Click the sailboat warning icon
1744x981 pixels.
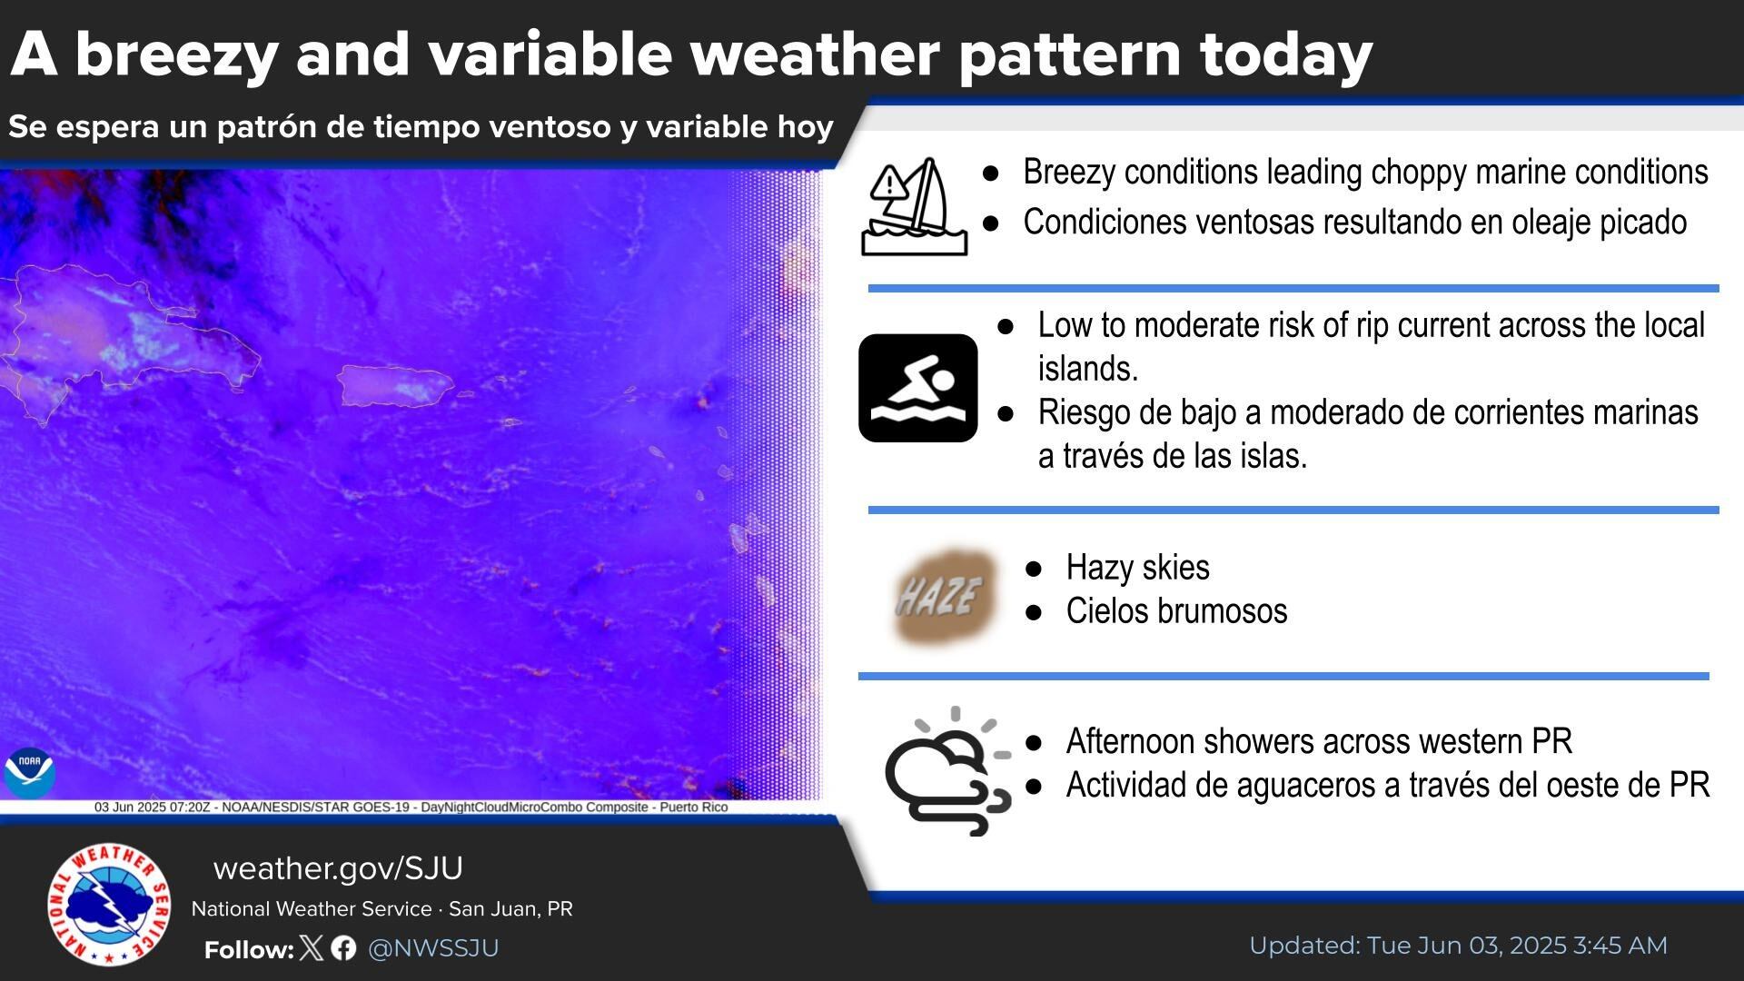point(914,206)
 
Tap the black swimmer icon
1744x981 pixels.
point(917,388)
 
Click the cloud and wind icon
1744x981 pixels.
point(947,771)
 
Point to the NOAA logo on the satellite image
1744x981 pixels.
point(29,773)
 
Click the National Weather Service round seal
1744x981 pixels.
point(109,905)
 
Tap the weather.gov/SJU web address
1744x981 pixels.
point(338,868)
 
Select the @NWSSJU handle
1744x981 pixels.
point(433,948)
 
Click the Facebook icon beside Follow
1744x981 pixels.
point(343,948)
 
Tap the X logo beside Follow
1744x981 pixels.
point(311,948)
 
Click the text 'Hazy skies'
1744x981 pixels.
point(1137,568)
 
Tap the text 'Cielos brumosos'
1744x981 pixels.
point(1176,611)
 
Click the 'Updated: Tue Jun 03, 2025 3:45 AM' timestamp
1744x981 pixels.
point(1458,946)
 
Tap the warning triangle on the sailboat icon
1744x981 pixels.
point(888,184)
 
